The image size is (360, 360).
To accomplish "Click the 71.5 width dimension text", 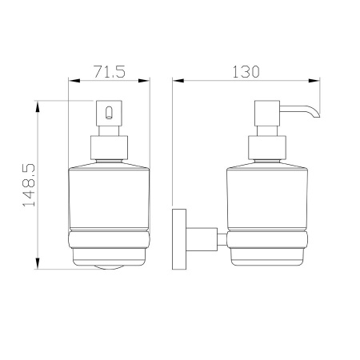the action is (110, 72).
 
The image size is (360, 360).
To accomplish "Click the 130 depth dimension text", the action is (246, 72).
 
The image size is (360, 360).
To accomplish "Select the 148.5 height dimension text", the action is (29, 185).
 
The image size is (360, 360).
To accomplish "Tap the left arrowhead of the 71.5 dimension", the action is (74, 81).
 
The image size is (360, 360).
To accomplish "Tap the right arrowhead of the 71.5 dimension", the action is (144, 81).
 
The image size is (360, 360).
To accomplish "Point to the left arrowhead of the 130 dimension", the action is (178, 81).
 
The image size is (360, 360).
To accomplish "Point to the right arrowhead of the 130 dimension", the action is (314, 81).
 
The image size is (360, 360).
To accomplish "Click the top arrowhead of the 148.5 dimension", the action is (38, 106).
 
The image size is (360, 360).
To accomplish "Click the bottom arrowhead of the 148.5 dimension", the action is (38, 263).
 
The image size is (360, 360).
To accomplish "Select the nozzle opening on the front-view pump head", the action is (109, 113).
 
